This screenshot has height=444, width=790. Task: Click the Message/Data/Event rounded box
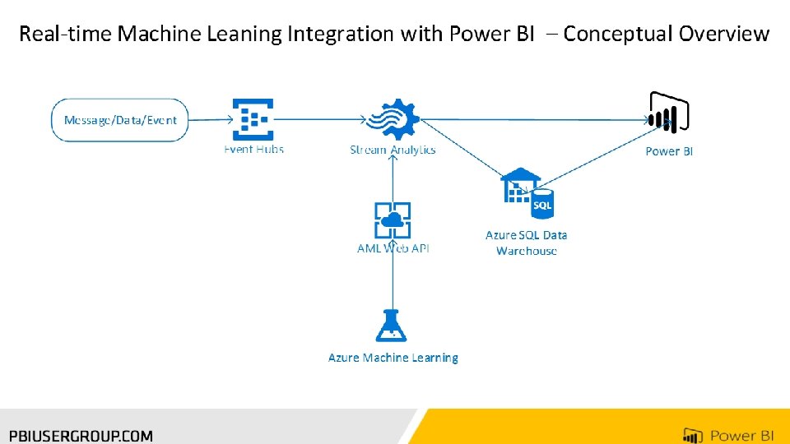[x=120, y=120]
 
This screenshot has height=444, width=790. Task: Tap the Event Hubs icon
[x=253, y=119]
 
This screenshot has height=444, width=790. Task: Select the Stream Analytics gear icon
[x=393, y=118]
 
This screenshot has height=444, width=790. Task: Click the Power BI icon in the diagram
[x=668, y=113]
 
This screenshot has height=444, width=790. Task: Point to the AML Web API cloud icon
[x=393, y=220]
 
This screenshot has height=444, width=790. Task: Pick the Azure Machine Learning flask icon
[x=392, y=326]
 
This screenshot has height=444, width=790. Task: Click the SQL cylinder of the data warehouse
[x=542, y=204]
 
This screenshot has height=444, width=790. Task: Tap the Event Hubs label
[x=253, y=149]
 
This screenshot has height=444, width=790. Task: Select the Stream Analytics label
[x=393, y=150]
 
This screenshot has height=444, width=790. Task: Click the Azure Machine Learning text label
[x=393, y=358]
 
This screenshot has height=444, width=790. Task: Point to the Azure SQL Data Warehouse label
[x=526, y=243]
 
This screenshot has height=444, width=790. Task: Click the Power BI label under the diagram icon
[x=669, y=151]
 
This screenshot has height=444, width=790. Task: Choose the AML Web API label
[x=393, y=248]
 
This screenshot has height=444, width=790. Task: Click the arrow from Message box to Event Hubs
[x=211, y=120]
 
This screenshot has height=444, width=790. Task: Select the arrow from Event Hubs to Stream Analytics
[x=320, y=119]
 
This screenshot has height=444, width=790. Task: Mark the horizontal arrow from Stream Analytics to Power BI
[x=535, y=120]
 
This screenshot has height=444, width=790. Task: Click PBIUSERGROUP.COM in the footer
[x=81, y=436]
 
